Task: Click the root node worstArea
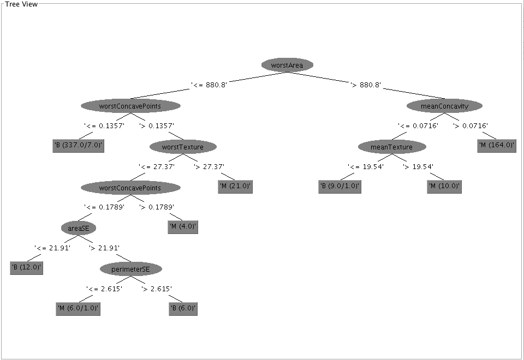pos(287,65)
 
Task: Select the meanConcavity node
pos(444,106)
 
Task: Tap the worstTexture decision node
pos(182,147)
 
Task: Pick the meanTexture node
pos(392,147)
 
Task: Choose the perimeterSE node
pos(130,269)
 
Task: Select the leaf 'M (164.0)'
pos(497,146)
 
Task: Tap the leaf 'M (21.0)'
pos(235,187)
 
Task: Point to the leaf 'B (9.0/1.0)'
pos(340,187)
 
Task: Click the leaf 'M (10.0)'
pos(444,187)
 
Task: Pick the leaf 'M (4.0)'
pos(183,227)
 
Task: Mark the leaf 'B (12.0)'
pos(26,268)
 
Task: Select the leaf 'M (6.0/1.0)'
pos(79,309)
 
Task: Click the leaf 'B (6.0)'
pos(183,309)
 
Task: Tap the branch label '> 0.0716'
pos(471,126)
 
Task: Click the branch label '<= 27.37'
pos(157,166)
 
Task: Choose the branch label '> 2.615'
pos(157,289)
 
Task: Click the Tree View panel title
pos(21,4)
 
